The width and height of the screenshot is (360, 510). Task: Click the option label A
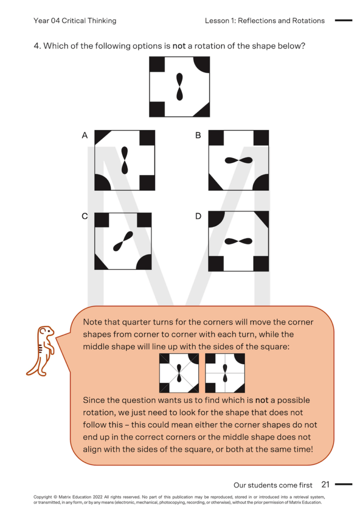click(x=85, y=135)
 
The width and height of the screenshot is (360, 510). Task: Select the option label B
click(x=198, y=135)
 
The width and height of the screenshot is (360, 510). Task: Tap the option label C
click(x=85, y=216)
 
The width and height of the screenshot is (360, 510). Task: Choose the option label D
click(x=198, y=216)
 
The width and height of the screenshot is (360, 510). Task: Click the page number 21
click(x=325, y=484)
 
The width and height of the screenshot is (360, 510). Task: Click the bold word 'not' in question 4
click(x=179, y=46)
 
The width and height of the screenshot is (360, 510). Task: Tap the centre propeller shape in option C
click(x=123, y=241)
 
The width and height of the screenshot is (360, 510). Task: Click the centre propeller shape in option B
click(x=239, y=160)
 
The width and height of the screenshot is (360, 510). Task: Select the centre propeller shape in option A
click(x=124, y=160)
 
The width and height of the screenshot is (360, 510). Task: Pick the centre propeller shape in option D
click(x=239, y=241)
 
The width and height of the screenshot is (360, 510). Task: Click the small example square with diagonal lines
click(x=179, y=373)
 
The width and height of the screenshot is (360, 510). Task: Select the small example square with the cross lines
click(x=225, y=373)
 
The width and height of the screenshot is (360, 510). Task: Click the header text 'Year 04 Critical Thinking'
click(x=75, y=21)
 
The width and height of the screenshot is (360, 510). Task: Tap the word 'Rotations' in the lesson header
click(x=308, y=21)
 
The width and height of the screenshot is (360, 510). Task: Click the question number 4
click(x=37, y=46)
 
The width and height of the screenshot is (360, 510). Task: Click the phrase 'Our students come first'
click(x=273, y=485)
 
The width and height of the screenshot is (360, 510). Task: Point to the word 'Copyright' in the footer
click(x=43, y=496)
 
